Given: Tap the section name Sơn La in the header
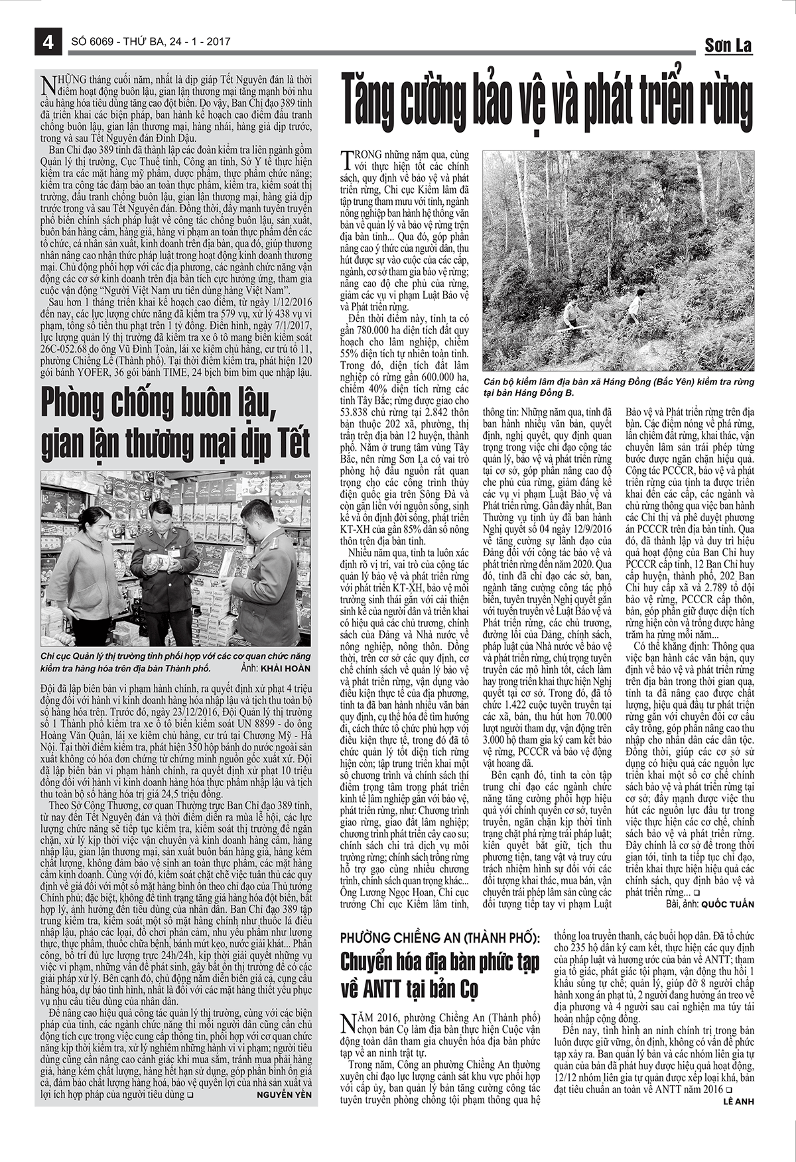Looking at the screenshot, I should pyautogui.click(x=728, y=45).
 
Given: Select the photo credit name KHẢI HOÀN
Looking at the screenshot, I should pyautogui.click(x=285, y=669).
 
